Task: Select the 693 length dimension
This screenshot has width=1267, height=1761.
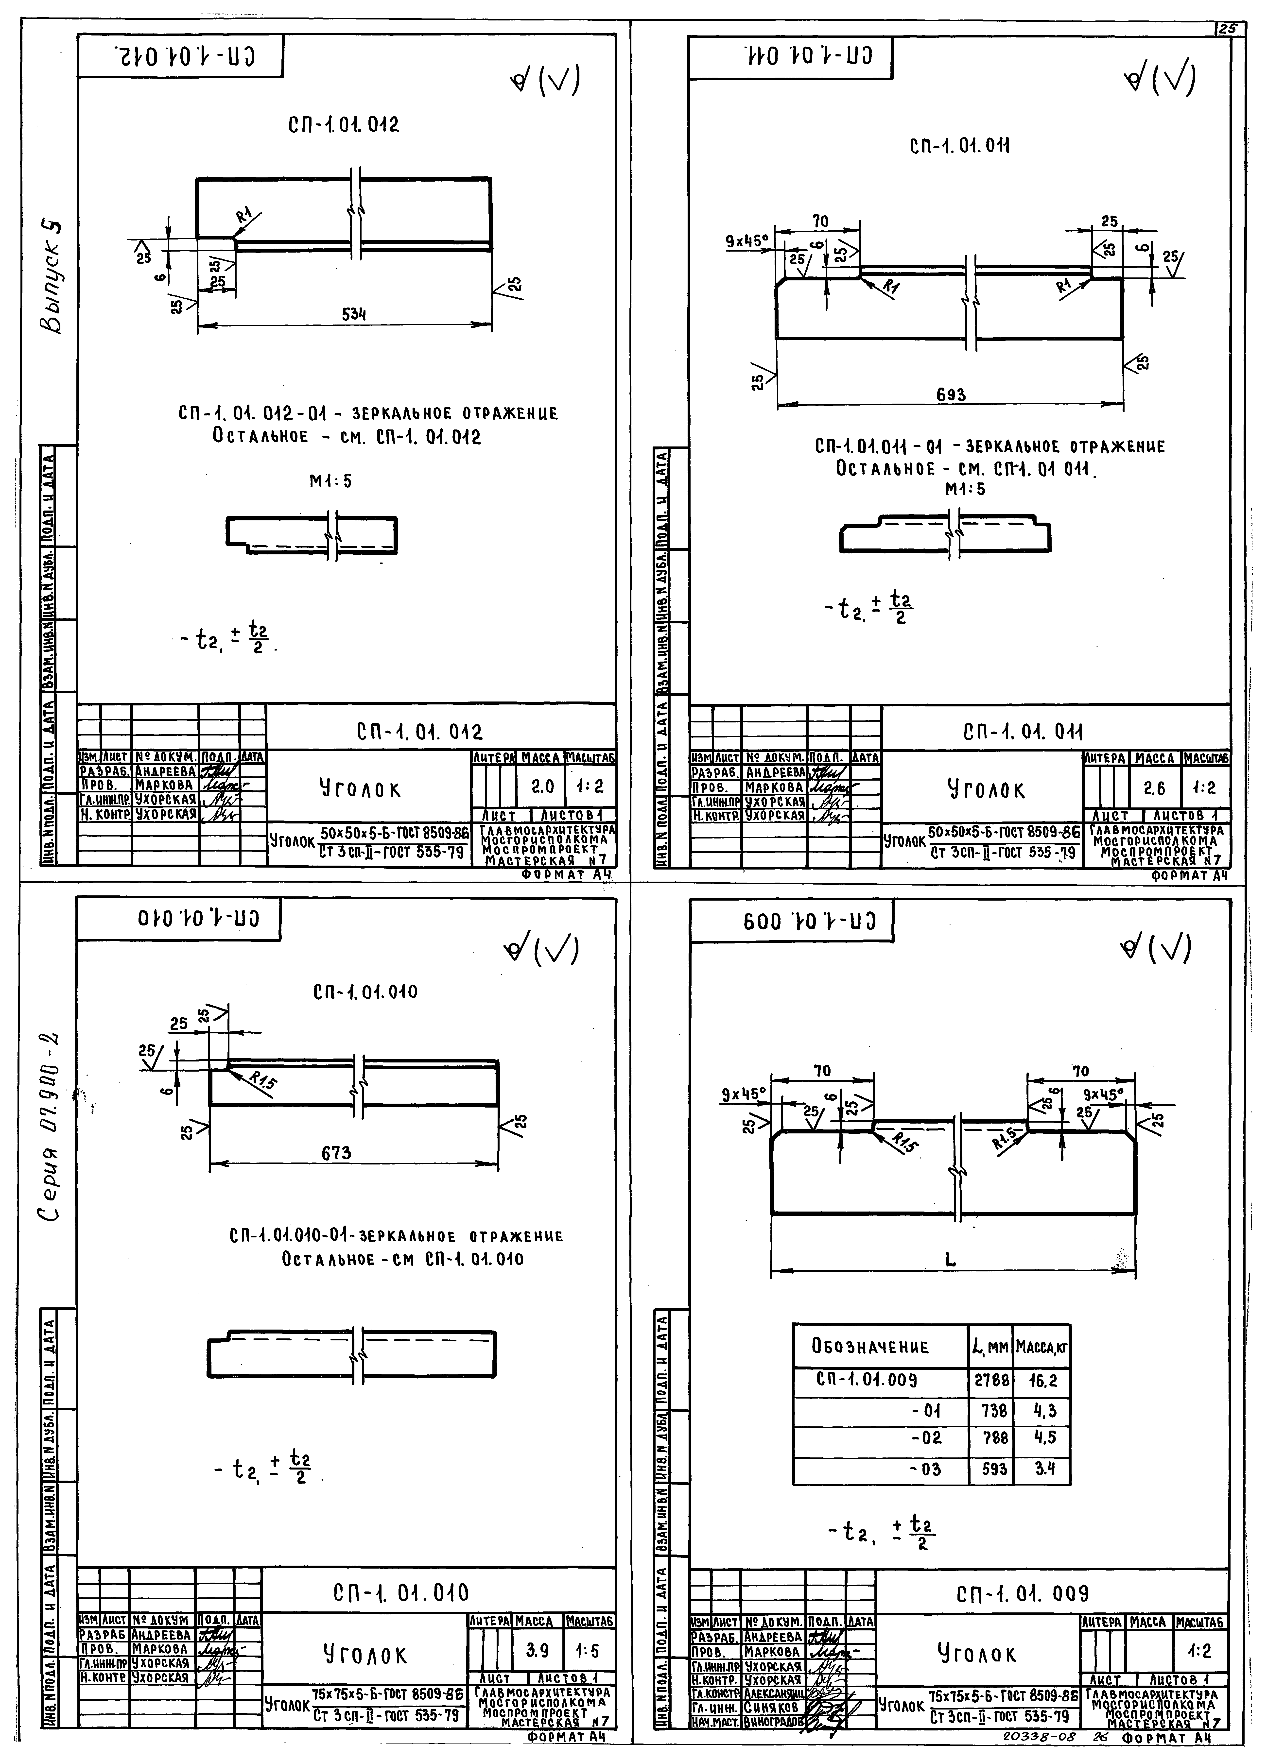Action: (951, 395)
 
